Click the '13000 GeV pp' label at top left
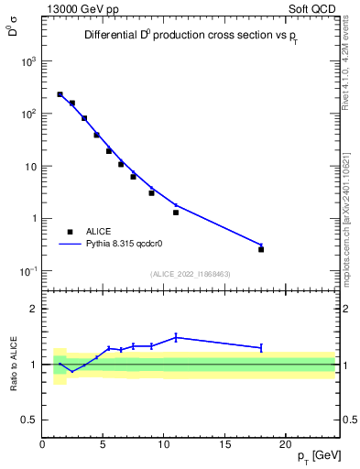coord(78,7)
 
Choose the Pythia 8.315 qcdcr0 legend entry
coord(131,245)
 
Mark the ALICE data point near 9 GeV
coord(152,193)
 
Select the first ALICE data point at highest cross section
coord(60,94)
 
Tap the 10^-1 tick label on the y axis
coord(27,271)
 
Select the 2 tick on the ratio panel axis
coord(33,309)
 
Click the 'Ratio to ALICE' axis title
coord(13,365)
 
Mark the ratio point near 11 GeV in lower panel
coord(176,337)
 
